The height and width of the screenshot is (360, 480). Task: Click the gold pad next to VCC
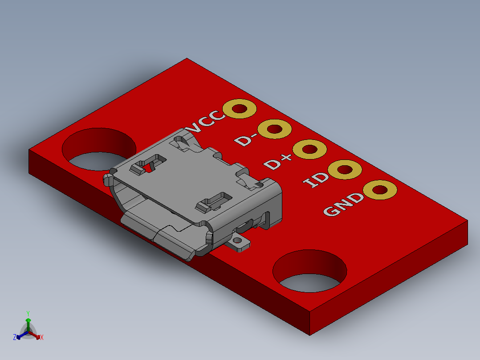click(240, 109)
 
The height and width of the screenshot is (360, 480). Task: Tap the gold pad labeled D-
click(275, 129)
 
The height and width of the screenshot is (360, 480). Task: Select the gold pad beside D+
click(310, 149)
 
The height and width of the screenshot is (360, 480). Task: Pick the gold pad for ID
click(345, 170)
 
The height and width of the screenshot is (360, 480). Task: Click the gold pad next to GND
click(380, 190)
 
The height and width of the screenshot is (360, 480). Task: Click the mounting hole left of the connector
click(99, 149)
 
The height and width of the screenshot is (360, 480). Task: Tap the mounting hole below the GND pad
click(309, 271)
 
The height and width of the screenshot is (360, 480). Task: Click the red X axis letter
click(42, 338)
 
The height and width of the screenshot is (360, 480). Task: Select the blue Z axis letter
click(15, 337)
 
